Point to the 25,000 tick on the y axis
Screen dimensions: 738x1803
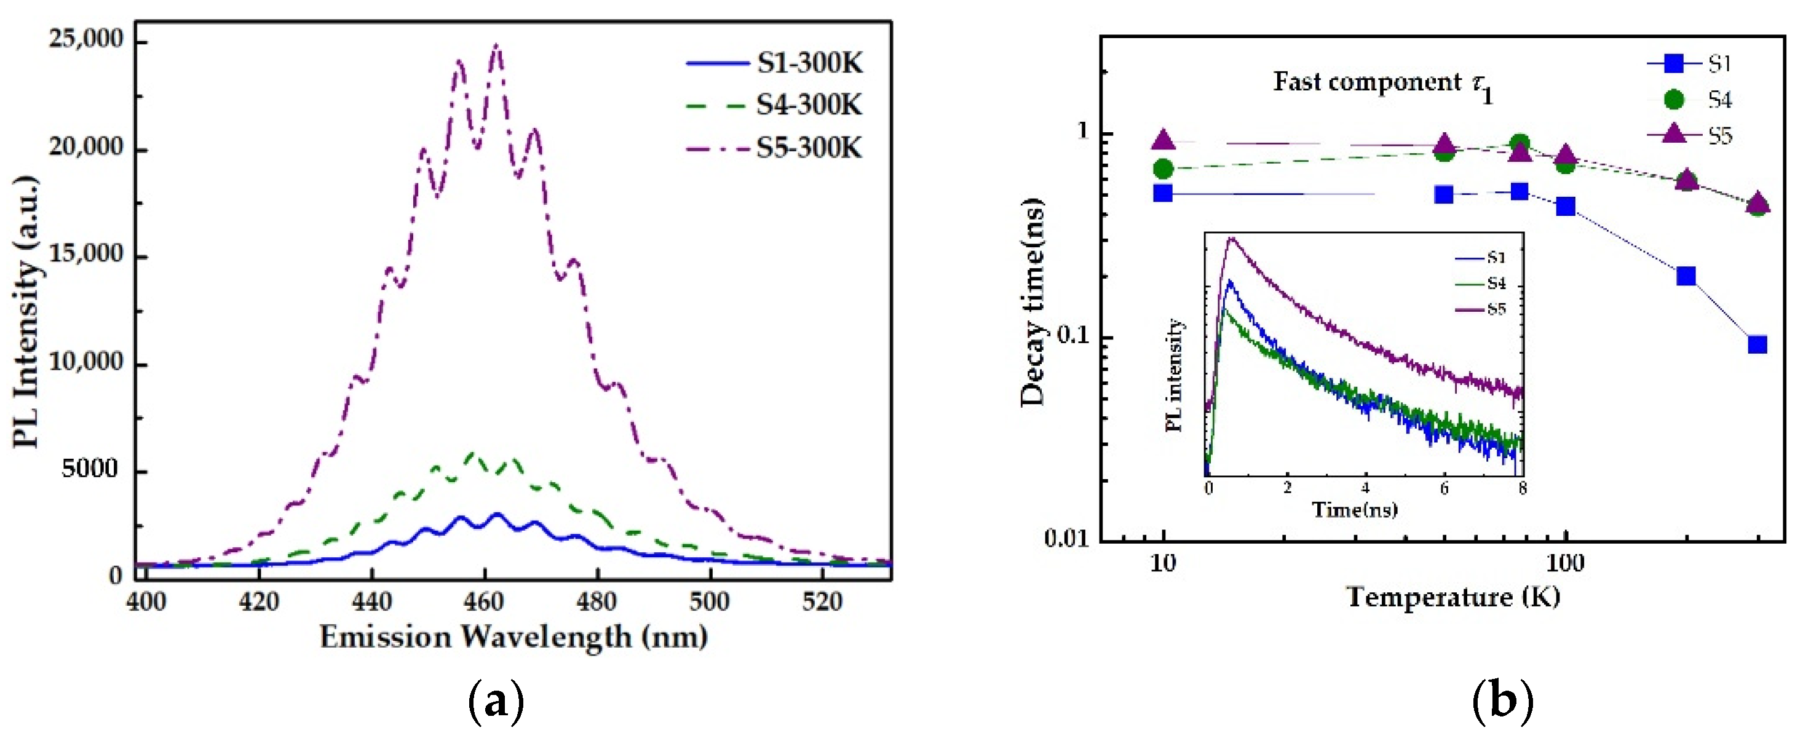click(x=85, y=39)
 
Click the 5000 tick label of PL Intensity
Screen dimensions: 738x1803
click(x=90, y=469)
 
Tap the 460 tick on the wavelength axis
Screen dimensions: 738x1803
click(x=483, y=601)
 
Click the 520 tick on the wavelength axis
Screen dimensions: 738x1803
click(x=822, y=601)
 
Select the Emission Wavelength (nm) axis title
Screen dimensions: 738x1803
click(x=513, y=637)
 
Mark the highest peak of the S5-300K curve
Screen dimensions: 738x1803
click(x=496, y=46)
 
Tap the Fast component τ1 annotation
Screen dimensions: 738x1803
click(x=1382, y=84)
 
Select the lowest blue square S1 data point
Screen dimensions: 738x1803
click(x=1757, y=344)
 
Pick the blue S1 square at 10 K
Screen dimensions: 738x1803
click(x=1163, y=192)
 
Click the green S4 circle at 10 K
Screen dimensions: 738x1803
click(x=1163, y=169)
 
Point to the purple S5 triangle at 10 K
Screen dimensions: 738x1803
click(x=1163, y=141)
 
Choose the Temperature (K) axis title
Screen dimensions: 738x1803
click(x=1453, y=597)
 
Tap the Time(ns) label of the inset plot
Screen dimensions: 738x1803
click(x=1354, y=509)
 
